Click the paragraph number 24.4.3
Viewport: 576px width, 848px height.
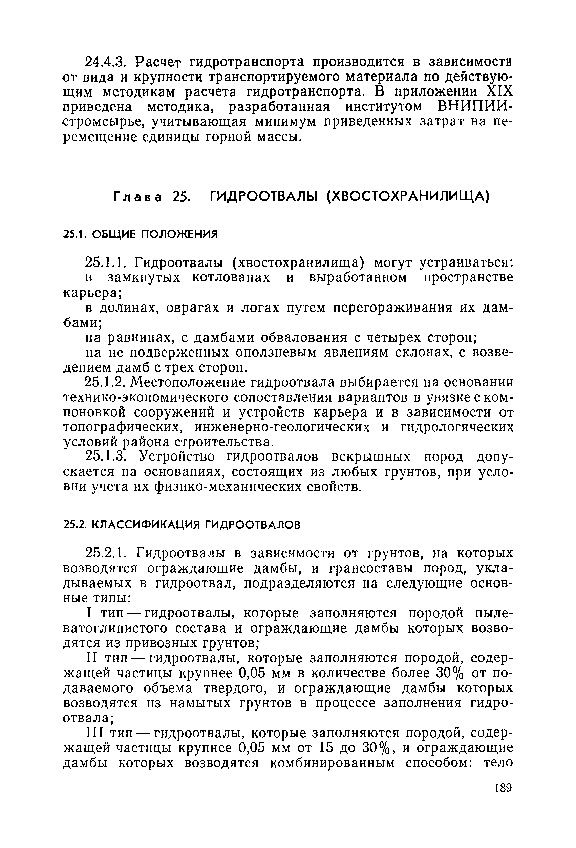pos(105,62)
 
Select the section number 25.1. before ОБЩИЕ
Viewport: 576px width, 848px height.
pos(75,234)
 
